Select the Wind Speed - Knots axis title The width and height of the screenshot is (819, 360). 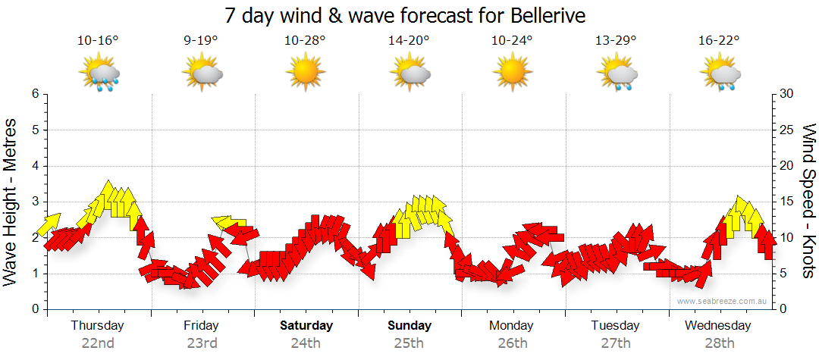tap(808, 202)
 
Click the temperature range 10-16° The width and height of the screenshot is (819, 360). tap(98, 41)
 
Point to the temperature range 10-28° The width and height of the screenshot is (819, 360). tap(305, 41)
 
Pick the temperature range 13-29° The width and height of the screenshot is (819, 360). tap(616, 41)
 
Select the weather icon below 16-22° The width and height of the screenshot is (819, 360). tap(719, 75)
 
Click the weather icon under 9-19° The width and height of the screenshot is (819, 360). tap(201, 75)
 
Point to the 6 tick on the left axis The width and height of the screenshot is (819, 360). tap(34, 94)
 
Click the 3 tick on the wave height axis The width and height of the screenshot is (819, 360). tap(34, 202)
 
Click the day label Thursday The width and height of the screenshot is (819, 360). tap(97, 326)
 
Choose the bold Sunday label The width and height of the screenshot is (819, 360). tap(409, 326)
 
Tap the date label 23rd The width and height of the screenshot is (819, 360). tap(202, 343)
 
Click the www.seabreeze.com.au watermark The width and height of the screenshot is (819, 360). tap(723, 301)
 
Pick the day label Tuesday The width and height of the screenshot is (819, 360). tap(615, 326)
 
